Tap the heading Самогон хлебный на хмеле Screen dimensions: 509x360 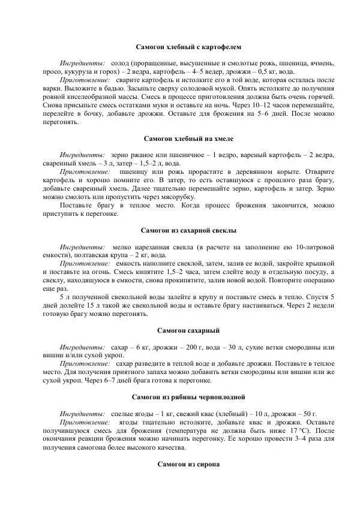(x=188, y=138)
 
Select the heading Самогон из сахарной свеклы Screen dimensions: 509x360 (x=188, y=230)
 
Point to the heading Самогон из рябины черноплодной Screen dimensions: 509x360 (x=188, y=397)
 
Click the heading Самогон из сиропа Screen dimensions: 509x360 (x=188, y=464)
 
